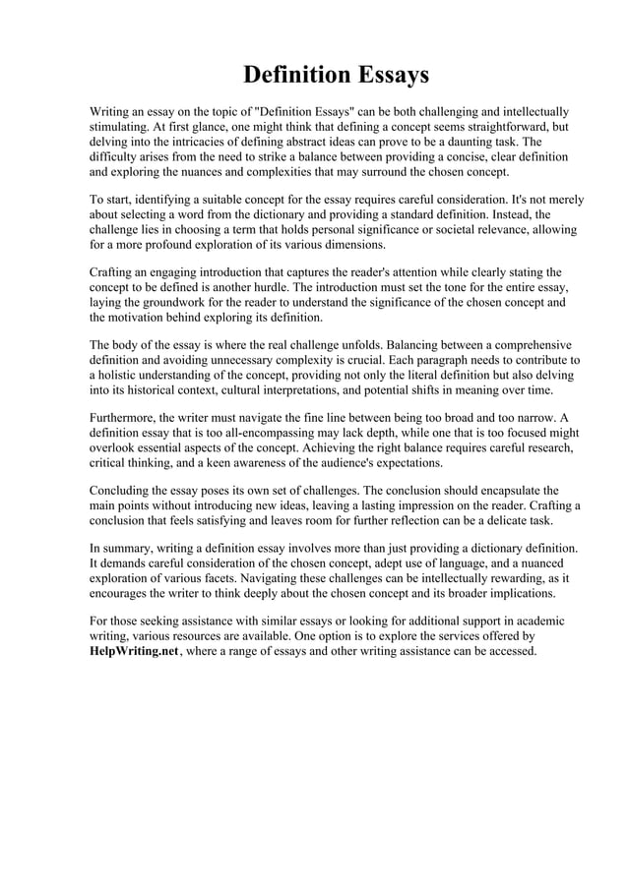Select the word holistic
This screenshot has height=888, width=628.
point(118,376)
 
